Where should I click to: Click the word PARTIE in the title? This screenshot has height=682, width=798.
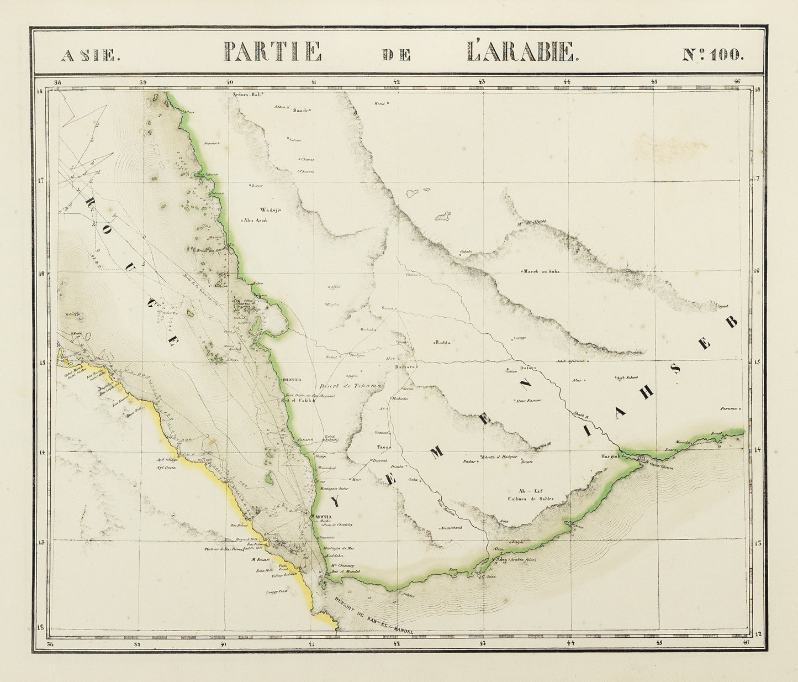tap(272, 52)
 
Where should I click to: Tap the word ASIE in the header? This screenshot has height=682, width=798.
tap(88, 55)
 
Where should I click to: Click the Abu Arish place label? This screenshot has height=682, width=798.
tap(256, 220)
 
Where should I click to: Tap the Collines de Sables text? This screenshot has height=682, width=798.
tap(530, 499)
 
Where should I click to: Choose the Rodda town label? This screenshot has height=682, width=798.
tap(443, 343)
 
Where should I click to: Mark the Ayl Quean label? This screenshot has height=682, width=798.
tap(166, 467)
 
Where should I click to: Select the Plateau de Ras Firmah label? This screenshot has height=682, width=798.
tap(224, 549)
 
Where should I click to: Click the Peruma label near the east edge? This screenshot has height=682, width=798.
tap(729, 409)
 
